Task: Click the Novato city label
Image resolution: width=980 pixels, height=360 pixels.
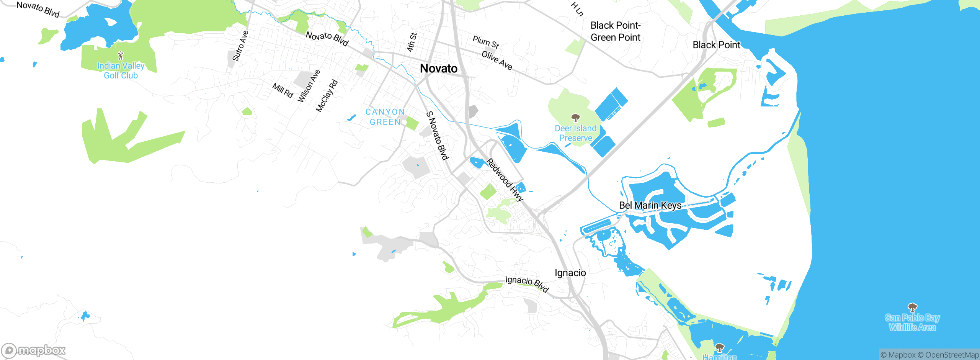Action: coord(439,69)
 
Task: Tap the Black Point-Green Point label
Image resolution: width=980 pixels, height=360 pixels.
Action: coord(615,31)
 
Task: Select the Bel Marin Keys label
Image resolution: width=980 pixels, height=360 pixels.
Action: coord(650,206)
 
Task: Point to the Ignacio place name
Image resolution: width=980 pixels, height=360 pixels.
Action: coord(570,273)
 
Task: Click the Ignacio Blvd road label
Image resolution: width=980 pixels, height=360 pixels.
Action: coord(527,283)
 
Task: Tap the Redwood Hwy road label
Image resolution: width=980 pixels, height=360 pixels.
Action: coord(505,180)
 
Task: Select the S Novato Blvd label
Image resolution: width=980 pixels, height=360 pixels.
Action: coord(437,136)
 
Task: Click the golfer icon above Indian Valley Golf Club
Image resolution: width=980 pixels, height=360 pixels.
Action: coord(121,56)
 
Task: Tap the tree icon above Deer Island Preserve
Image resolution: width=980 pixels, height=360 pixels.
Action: coord(575,118)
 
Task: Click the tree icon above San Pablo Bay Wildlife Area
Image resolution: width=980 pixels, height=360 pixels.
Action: coord(913,307)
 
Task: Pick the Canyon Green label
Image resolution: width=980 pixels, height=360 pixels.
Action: coord(385,117)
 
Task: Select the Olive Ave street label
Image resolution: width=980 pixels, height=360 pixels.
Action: coord(497,61)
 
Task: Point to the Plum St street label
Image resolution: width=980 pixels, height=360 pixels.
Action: coord(485,42)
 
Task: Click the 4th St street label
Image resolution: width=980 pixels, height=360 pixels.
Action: coord(412,42)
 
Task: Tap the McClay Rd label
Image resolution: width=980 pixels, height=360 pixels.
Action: coord(327,96)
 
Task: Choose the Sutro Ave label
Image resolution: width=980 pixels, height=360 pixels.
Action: coord(240,46)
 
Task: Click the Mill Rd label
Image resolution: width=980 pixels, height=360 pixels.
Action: coord(283,90)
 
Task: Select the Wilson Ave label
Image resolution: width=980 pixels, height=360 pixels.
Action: coord(309,86)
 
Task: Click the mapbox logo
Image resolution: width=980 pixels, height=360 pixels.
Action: coord(34,350)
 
